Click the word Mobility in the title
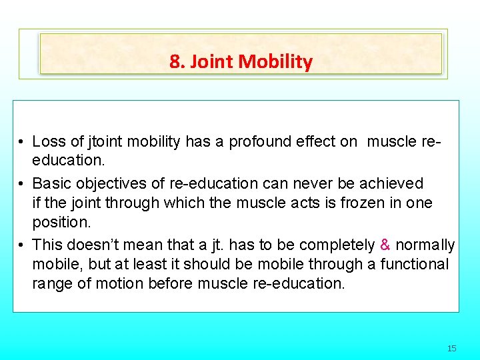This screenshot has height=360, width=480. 275,62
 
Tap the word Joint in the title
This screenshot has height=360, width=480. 211,62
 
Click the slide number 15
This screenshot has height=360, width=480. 451,348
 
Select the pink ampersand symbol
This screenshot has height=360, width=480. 385,245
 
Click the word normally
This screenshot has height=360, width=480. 425,245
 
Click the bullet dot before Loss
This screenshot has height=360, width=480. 22,142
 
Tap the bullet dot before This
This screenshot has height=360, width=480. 22,245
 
